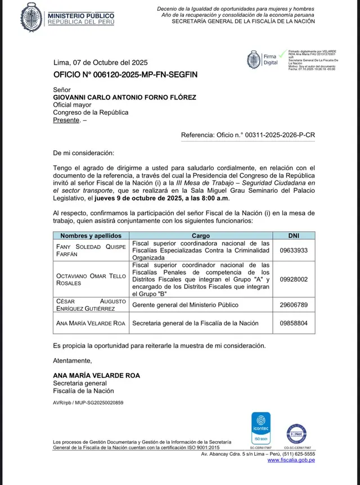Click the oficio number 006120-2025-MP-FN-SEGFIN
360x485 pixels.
click(x=125, y=74)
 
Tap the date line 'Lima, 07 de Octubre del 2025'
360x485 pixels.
click(x=100, y=62)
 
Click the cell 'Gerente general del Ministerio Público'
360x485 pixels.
click(x=186, y=305)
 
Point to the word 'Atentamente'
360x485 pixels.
click(x=72, y=360)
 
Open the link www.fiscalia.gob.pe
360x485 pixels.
click(x=291, y=460)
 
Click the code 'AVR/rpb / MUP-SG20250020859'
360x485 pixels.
click(x=88, y=403)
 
